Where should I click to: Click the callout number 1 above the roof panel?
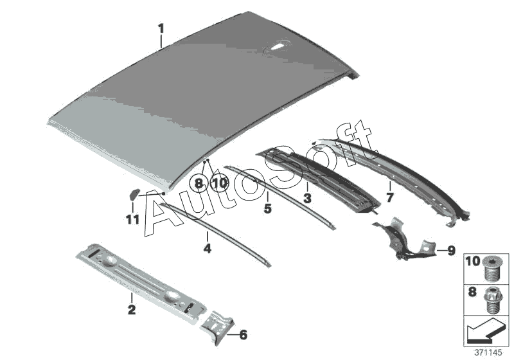coord(161,28)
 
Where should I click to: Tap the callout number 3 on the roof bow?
coord(307,199)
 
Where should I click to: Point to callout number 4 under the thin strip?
coord(207,248)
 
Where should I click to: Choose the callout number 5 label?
coord(268,208)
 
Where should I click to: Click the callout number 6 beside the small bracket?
coord(243,335)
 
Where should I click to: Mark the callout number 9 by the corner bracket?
coord(450,249)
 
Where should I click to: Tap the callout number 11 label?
coord(132,221)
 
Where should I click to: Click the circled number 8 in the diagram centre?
coord(199,184)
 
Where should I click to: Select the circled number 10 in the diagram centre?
coord(219,184)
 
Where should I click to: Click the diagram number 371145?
coord(495,353)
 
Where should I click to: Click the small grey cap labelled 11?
coord(134,193)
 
